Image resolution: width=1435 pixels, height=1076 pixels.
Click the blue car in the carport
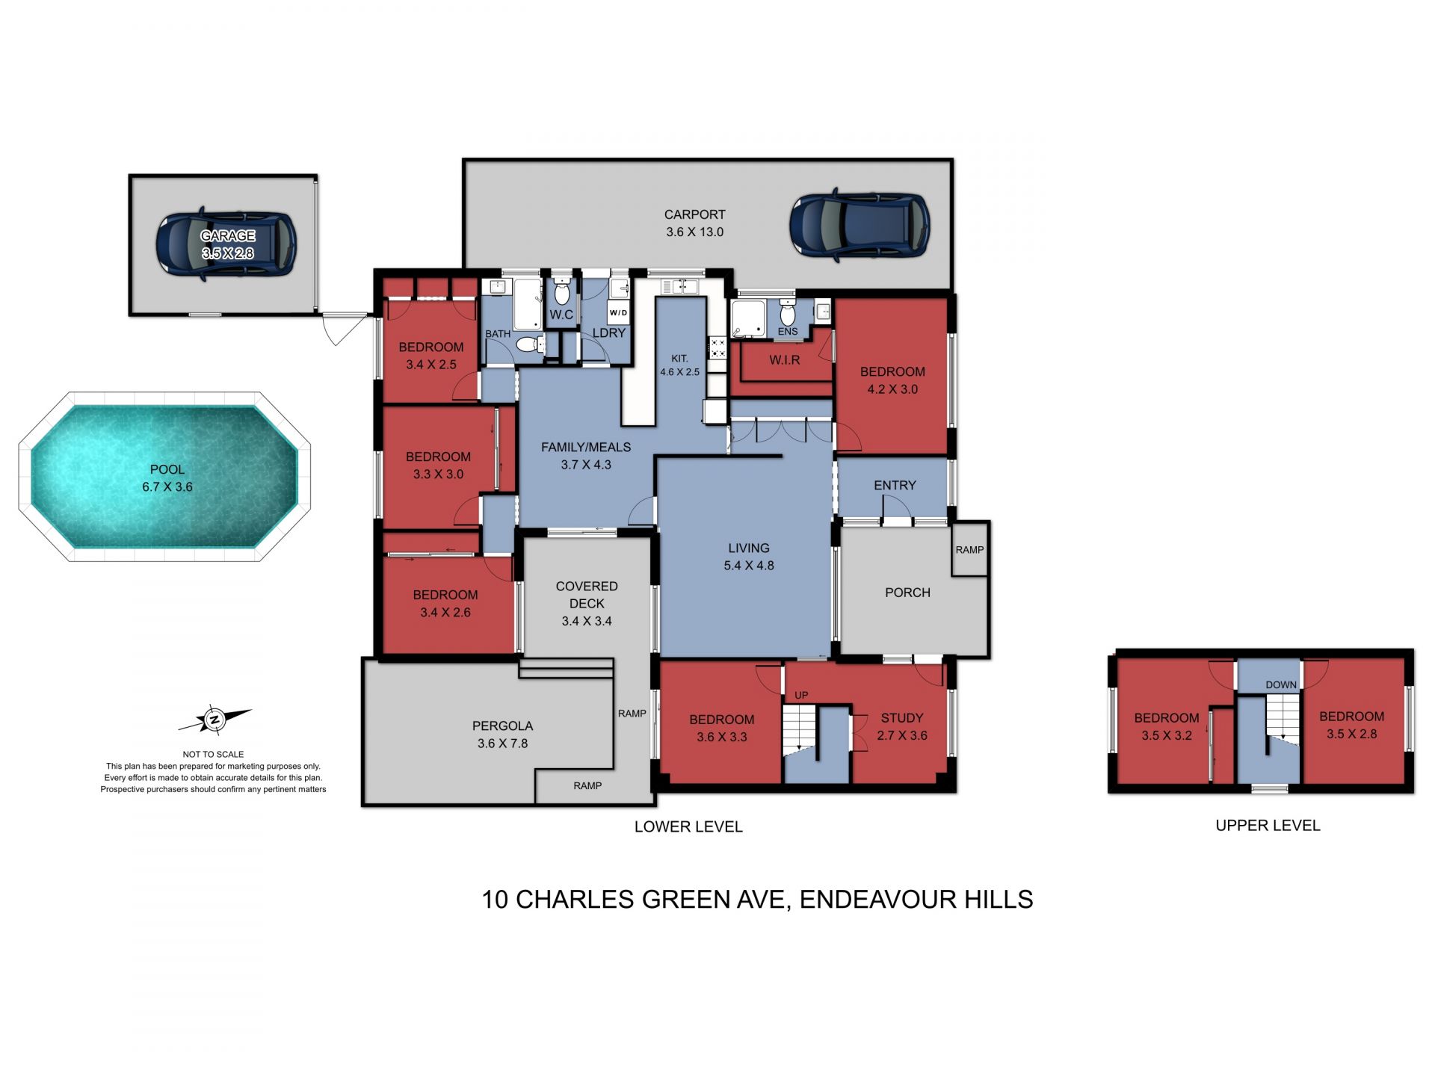click(860, 228)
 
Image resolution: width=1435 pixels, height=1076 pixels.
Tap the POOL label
click(167, 469)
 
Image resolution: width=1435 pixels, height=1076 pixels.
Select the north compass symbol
click(215, 720)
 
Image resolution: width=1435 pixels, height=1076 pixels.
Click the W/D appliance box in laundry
click(618, 312)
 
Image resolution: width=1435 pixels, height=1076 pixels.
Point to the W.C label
click(561, 315)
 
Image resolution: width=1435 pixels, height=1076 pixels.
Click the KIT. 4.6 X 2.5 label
click(679, 365)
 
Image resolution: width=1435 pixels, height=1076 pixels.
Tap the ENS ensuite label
click(788, 331)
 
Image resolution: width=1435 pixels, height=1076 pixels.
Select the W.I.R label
click(785, 360)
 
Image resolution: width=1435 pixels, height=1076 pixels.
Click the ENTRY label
click(895, 485)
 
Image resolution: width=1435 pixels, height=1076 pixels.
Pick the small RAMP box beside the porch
click(969, 550)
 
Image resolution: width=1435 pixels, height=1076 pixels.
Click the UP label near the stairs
click(801, 695)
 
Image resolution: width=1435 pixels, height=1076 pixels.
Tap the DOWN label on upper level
click(1281, 684)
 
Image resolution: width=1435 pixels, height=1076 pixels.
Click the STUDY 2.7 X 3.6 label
click(902, 726)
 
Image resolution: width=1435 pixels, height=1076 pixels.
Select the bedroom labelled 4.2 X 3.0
click(892, 380)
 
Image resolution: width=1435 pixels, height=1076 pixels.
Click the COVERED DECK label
click(587, 595)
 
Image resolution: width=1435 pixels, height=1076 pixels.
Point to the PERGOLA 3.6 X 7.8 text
click(502, 735)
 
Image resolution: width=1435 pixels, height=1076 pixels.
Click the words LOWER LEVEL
click(688, 826)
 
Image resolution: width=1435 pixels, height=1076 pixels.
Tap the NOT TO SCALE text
click(213, 754)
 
